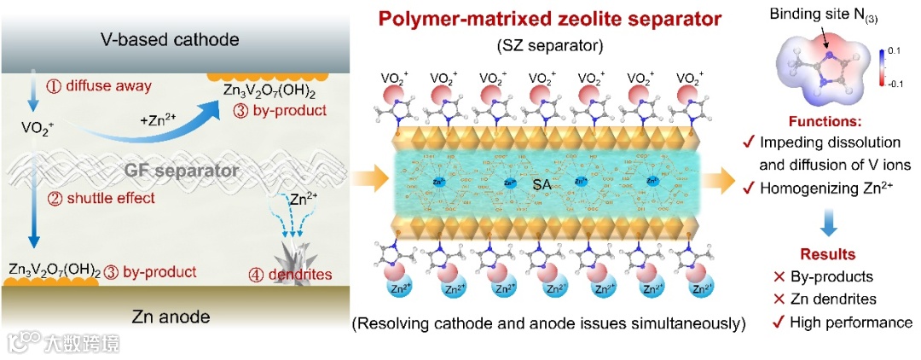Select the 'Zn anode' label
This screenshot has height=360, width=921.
coord(170,317)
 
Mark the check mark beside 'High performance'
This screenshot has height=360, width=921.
coord(770,322)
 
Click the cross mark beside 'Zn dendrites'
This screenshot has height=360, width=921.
coord(770,299)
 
